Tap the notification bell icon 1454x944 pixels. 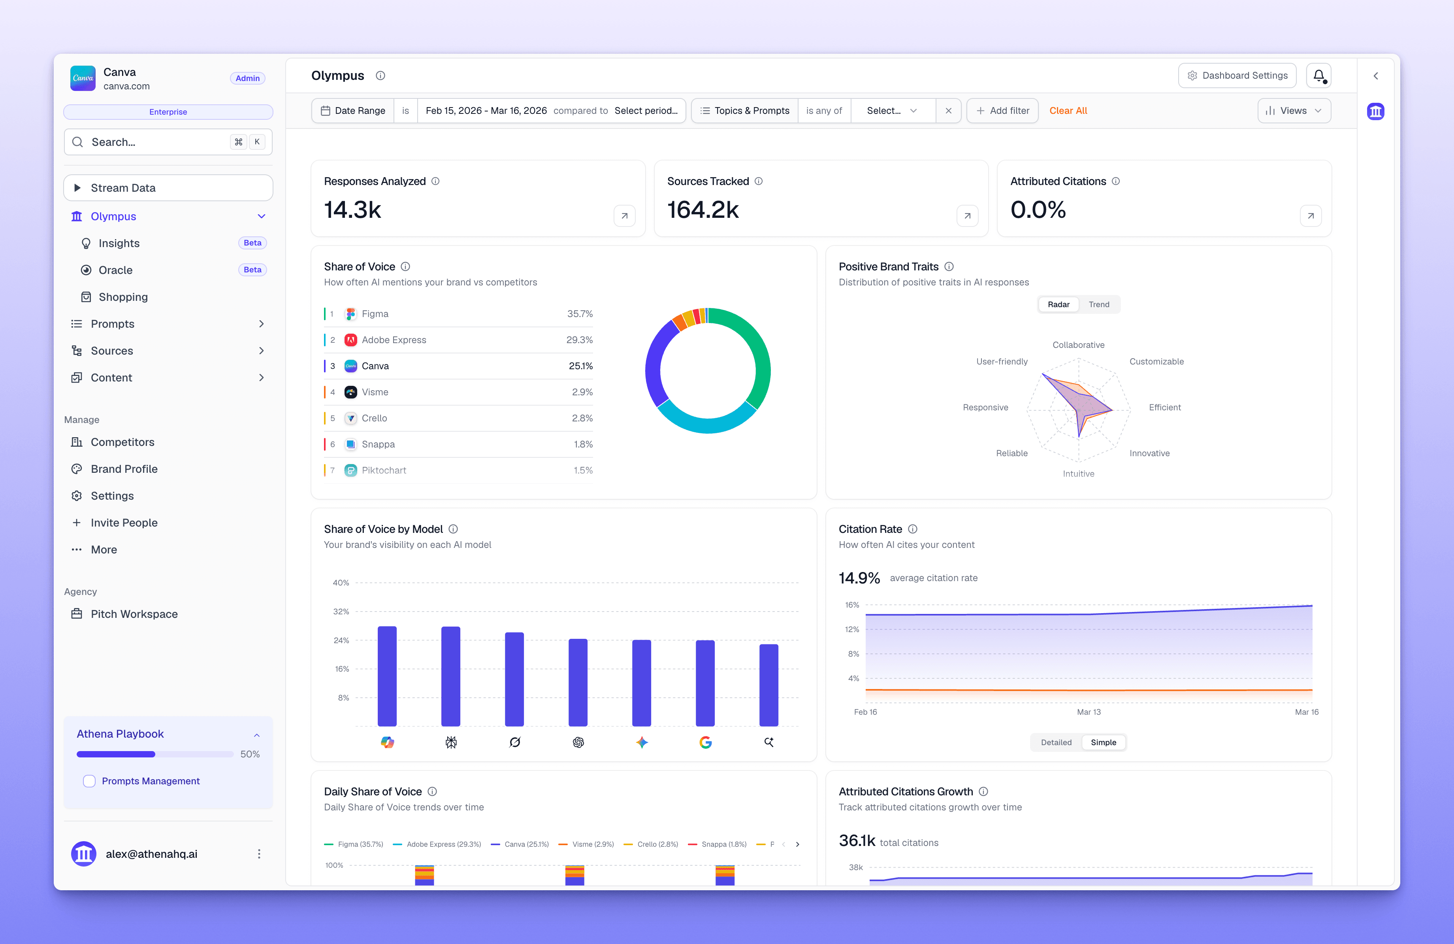(1318, 75)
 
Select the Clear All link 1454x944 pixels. (1068, 111)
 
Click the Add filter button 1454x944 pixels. (1002, 111)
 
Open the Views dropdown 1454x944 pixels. (1293, 111)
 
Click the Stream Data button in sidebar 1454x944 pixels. (168, 188)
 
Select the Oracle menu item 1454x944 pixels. (115, 270)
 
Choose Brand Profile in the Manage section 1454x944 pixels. (124, 469)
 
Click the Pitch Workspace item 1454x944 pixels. (134, 614)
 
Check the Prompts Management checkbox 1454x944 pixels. (89, 781)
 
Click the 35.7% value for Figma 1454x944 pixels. (579, 313)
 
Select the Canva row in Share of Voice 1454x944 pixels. (458, 366)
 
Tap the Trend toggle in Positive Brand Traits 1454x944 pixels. (1098, 304)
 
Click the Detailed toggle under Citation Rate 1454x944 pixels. (1056, 742)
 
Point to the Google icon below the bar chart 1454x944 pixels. (705, 742)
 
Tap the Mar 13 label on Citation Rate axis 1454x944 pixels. (1088, 712)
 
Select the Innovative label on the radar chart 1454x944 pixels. (1149, 453)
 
